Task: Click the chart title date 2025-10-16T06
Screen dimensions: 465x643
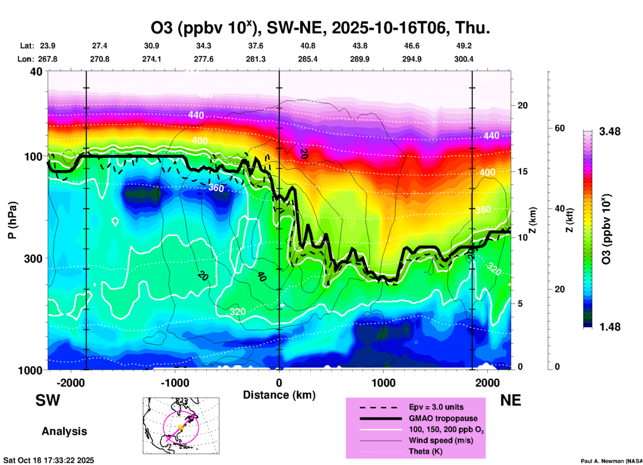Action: click(389, 28)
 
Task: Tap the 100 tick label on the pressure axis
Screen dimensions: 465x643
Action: click(33, 156)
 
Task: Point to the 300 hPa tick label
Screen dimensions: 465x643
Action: click(33, 259)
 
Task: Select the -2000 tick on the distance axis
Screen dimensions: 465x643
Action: click(70, 383)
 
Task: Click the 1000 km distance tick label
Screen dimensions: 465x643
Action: click(383, 383)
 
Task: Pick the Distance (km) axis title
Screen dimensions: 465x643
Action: click(279, 395)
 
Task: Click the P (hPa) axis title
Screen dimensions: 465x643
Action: click(13, 220)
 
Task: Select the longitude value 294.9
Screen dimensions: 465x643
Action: click(412, 59)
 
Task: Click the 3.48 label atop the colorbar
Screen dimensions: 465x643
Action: click(610, 132)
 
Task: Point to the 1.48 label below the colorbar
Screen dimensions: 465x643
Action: click(610, 327)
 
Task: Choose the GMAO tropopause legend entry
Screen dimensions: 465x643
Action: click(443, 418)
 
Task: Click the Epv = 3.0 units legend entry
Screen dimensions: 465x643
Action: click(436, 407)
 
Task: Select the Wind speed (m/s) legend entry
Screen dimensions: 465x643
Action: click(441, 441)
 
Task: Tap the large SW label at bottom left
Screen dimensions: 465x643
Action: click(48, 400)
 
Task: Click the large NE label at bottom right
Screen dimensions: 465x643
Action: click(510, 400)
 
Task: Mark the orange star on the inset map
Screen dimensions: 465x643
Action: click(181, 427)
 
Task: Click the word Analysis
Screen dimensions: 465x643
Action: click(64, 431)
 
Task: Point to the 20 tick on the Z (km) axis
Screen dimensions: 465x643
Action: click(522, 106)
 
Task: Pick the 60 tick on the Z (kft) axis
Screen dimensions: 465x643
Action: click(560, 128)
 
